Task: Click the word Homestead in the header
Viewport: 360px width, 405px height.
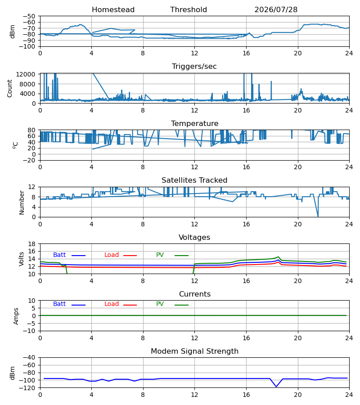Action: [x=113, y=9]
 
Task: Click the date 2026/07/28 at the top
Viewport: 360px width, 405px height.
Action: [x=276, y=9]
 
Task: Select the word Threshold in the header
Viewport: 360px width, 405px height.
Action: [x=189, y=9]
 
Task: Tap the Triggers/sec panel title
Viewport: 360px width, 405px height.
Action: [x=194, y=67]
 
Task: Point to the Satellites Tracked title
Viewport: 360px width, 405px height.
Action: [x=194, y=180]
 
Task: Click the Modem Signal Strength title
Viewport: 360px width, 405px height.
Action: [x=194, y=351]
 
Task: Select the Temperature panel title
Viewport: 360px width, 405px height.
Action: [x=194, y=123]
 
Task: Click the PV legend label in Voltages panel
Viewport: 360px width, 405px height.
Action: [x=160, y=255]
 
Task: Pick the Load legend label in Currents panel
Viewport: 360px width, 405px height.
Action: [x=112, y=304]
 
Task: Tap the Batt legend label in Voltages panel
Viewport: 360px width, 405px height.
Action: [x=59, y=255]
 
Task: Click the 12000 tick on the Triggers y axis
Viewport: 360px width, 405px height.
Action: [x=26, y=74]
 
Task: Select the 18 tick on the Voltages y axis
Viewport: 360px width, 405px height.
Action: [x=32, y=244]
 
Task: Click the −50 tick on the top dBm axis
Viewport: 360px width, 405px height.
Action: [x=29, y=16]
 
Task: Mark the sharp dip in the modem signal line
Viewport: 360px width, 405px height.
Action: [x=276, y=387]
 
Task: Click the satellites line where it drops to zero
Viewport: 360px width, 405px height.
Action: [x=318, y=216]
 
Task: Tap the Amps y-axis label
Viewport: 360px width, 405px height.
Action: [x=16, y=316]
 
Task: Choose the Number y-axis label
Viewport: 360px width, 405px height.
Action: [x=22, y=203]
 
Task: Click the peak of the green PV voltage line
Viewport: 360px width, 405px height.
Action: [x=278, y=257]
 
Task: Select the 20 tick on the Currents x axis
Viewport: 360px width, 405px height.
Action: [x=298, y=338]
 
